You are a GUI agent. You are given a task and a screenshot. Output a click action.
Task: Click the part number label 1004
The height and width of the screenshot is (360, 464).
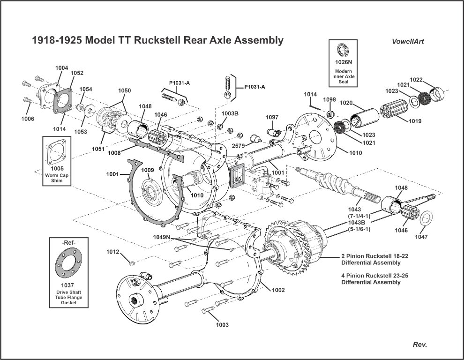[x=61, y=68]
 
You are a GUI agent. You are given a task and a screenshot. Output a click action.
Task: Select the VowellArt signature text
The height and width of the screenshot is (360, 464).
[x=408, y=41]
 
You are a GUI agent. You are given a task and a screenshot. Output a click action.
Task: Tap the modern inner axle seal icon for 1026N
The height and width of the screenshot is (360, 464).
[x=343, y=51]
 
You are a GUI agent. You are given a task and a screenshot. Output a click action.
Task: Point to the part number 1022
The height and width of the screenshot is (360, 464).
[x=417, y=79]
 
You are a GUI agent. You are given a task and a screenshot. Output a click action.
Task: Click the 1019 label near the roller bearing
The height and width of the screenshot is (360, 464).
[x=414, y=121]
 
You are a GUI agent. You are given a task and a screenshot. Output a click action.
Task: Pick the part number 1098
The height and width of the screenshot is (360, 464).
[x=329, y=100]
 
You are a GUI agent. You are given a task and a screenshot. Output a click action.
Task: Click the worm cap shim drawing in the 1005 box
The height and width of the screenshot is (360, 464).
[x=57, y=152]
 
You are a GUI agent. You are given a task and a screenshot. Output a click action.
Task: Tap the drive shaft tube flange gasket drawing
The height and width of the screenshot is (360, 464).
[x=69, y=264]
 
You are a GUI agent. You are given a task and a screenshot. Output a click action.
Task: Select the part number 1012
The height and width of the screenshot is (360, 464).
[x=112, y=252]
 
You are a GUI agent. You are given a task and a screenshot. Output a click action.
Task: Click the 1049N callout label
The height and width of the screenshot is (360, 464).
[x=162, y=237]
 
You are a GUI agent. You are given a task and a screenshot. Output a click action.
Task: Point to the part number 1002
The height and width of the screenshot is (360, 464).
[x=278, y=290]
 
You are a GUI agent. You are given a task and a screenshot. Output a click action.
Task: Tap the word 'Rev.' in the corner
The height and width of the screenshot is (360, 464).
[x=419, y=345]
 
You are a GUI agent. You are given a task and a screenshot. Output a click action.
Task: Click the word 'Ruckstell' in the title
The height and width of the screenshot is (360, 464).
[x=159, y=40]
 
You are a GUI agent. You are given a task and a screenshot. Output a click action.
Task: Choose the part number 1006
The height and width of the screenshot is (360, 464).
[x=28, y=119]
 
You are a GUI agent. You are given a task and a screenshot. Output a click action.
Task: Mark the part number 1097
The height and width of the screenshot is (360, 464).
[x=272, y=117]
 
